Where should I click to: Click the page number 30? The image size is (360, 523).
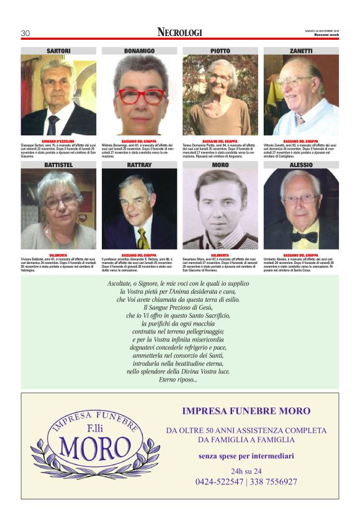click(x=25, y=33)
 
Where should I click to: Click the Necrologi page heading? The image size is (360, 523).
click(x=179, y=32)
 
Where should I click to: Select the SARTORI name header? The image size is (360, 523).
click(x=58, y=50)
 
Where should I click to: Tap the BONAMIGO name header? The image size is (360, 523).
click(x=139, y=50)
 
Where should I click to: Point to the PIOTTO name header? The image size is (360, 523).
click(x=220, y=50)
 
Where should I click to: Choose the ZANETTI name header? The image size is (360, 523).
click(x=301, y=50)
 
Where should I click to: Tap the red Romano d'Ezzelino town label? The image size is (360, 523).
click(x=58, y=141)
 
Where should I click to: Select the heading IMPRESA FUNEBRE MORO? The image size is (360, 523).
click(x=246, y=411)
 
